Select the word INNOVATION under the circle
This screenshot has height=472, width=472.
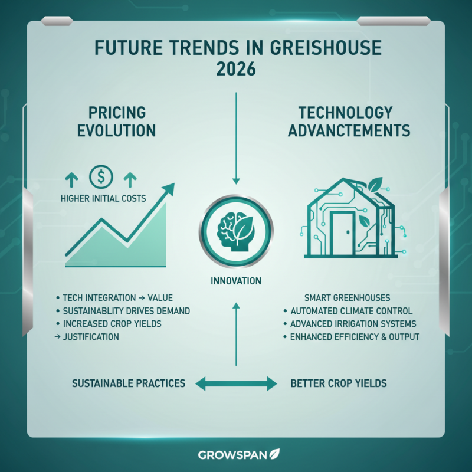[235, 281]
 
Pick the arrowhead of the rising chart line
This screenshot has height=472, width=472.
[169, 189]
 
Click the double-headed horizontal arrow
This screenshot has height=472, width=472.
[235, 384]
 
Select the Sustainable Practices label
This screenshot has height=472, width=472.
[128, 383]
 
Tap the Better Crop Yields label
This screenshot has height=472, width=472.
[339, 383]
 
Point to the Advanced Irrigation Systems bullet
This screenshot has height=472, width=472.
[353, 324]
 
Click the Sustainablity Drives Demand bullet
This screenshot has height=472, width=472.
[126, 310]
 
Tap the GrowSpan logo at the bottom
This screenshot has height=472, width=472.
[235, 454]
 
